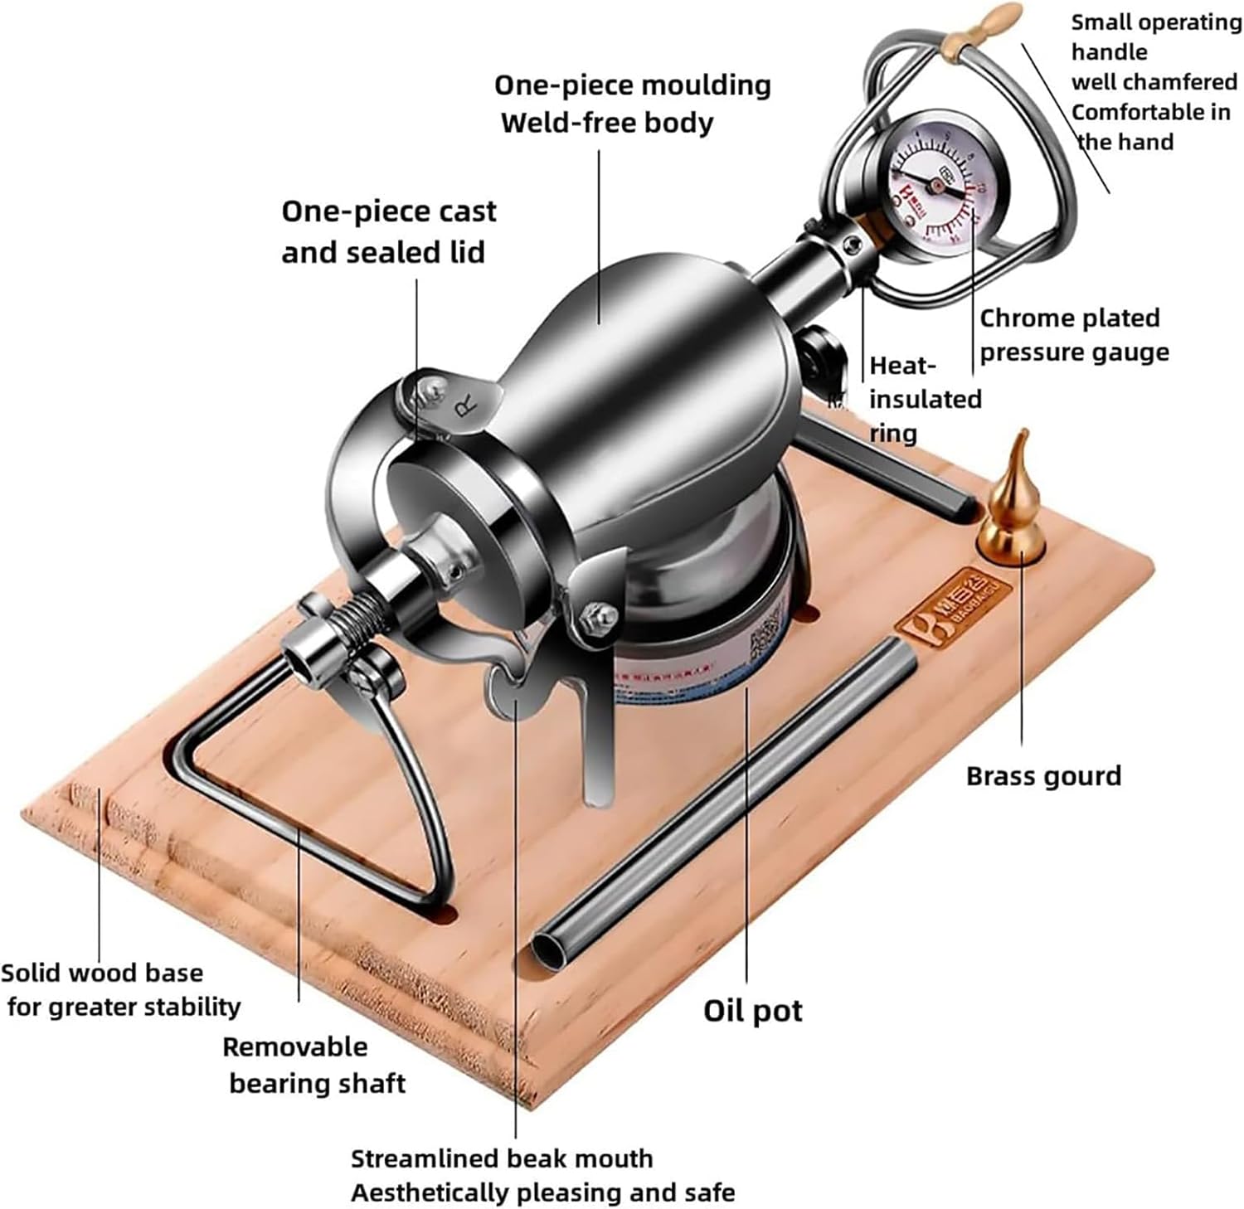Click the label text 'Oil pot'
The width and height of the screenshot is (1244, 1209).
coord(752,1011)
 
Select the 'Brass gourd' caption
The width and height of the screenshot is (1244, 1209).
coord(1043,776)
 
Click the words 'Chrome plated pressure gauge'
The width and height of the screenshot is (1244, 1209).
coord(1073,335)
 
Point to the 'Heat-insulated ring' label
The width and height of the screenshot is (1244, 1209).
coord(924,399)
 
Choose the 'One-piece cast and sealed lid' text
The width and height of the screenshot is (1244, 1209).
coord(387,231)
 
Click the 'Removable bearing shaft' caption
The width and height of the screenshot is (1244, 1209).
coord(313,1065)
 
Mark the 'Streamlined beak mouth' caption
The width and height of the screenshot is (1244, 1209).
coord(501,1158)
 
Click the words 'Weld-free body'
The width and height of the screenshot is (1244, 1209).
coord(606,123)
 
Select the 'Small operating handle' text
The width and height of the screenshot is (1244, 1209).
coord(1153,37)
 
